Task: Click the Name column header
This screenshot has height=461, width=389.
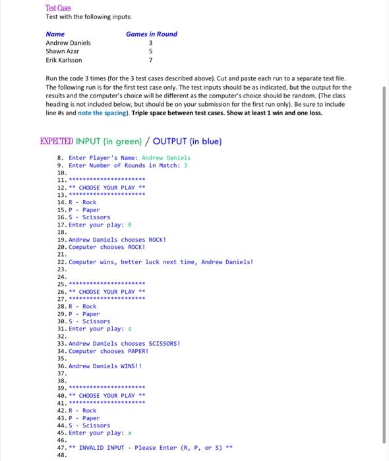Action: [x=55, y=34]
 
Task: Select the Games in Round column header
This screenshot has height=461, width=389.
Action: [x=151, y=34]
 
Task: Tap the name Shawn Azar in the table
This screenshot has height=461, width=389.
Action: [x=62, y=51]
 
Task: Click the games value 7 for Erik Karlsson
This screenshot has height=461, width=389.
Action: [x=150, y=60]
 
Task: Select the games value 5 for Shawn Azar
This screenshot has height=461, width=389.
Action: [x=150, y=51]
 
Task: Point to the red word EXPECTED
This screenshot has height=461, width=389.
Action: [x=56, y=141]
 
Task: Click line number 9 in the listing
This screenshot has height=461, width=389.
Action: [x=61, y=165]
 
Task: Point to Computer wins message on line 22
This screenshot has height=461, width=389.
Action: [x=160, y=261]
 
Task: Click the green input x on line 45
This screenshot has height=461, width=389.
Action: [x=130, y=433]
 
